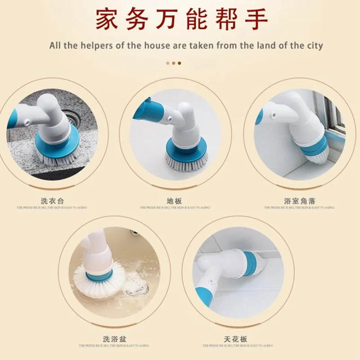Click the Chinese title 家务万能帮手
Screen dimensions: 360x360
181,20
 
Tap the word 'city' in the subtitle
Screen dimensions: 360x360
314,45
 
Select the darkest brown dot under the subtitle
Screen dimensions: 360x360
180,63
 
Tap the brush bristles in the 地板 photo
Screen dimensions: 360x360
187,158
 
